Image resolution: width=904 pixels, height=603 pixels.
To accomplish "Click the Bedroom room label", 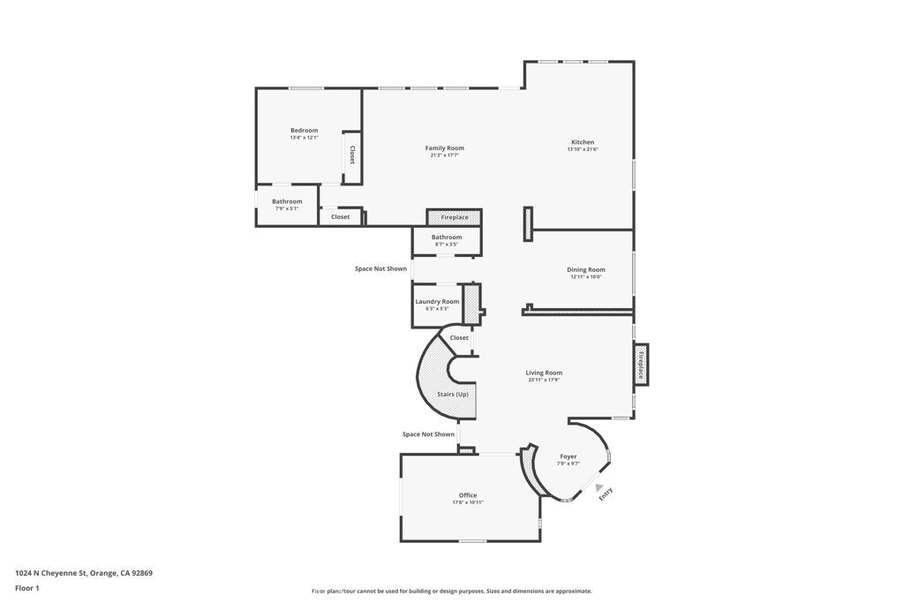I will coord(304,131).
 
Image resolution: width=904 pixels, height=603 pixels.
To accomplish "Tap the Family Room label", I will coord(444,148).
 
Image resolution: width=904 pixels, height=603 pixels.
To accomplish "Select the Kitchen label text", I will coord(583,142).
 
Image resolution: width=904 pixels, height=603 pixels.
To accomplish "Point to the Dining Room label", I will coord(585,269).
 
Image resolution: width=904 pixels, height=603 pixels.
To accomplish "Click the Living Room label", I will coord(544,373).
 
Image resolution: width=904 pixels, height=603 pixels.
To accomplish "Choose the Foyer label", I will coord(568,456).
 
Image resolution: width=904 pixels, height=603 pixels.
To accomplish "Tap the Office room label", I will coord(467,495).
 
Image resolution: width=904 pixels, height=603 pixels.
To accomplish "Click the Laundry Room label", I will coord(437,301).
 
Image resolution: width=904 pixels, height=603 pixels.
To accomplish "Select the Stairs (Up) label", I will coord(453,394).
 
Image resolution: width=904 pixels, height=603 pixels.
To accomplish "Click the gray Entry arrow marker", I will coord(599,487).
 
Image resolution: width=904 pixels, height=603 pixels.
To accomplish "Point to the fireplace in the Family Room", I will coord(455,217).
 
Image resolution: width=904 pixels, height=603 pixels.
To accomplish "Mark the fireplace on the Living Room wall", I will coord(641,365).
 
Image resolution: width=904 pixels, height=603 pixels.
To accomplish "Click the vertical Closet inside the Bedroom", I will coord(351,155).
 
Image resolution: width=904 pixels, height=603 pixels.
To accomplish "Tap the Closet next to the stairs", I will coord(459,337).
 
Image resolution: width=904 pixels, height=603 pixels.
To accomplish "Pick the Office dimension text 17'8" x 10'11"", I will coord(467,502).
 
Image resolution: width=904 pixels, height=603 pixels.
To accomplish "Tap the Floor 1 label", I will coord(27,588).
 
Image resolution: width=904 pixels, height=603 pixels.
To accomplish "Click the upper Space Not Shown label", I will coord(380,268).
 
